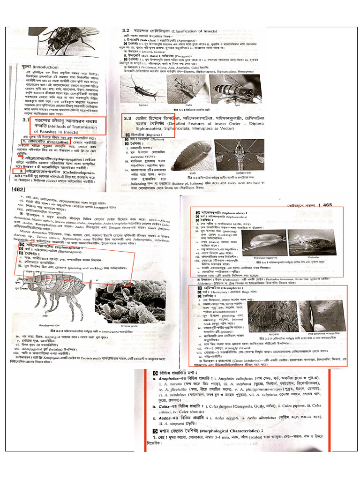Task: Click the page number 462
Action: click(x=18, y=189)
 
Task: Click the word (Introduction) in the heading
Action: click(x=43, y=67)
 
